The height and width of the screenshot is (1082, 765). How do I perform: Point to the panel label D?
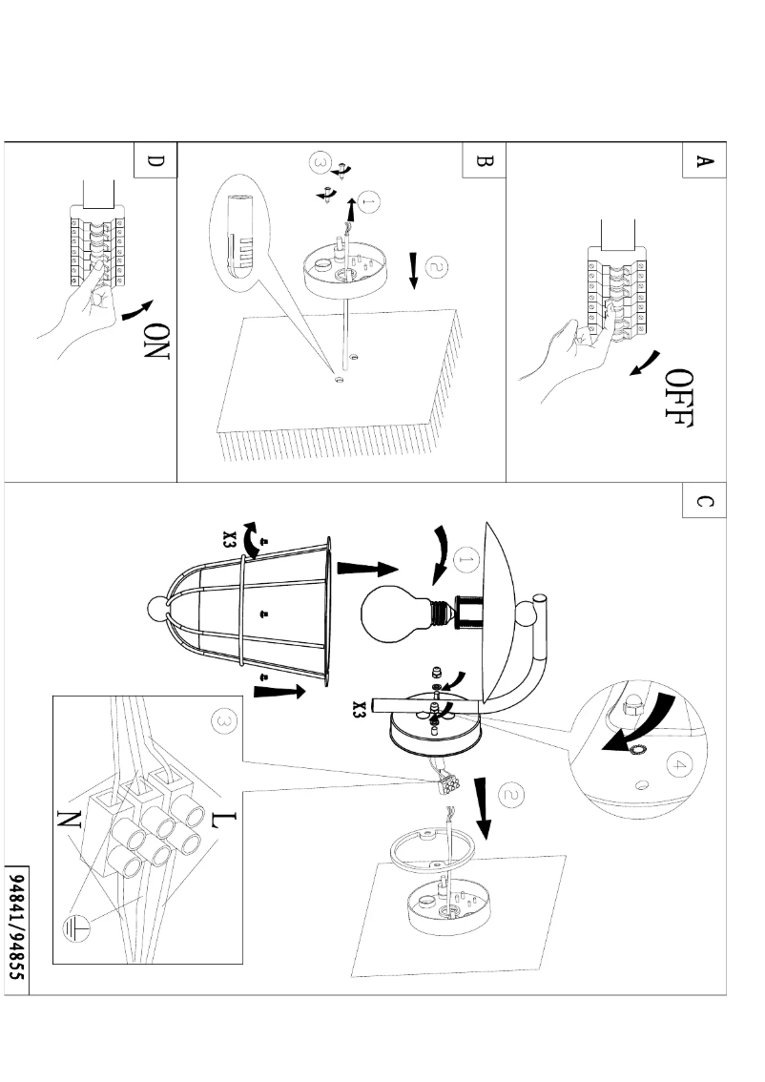[x=155, y=161]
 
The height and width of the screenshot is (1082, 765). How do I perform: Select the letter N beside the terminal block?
[x=68, y=816]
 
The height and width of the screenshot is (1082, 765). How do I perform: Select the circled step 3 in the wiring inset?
[x=223, y=725]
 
